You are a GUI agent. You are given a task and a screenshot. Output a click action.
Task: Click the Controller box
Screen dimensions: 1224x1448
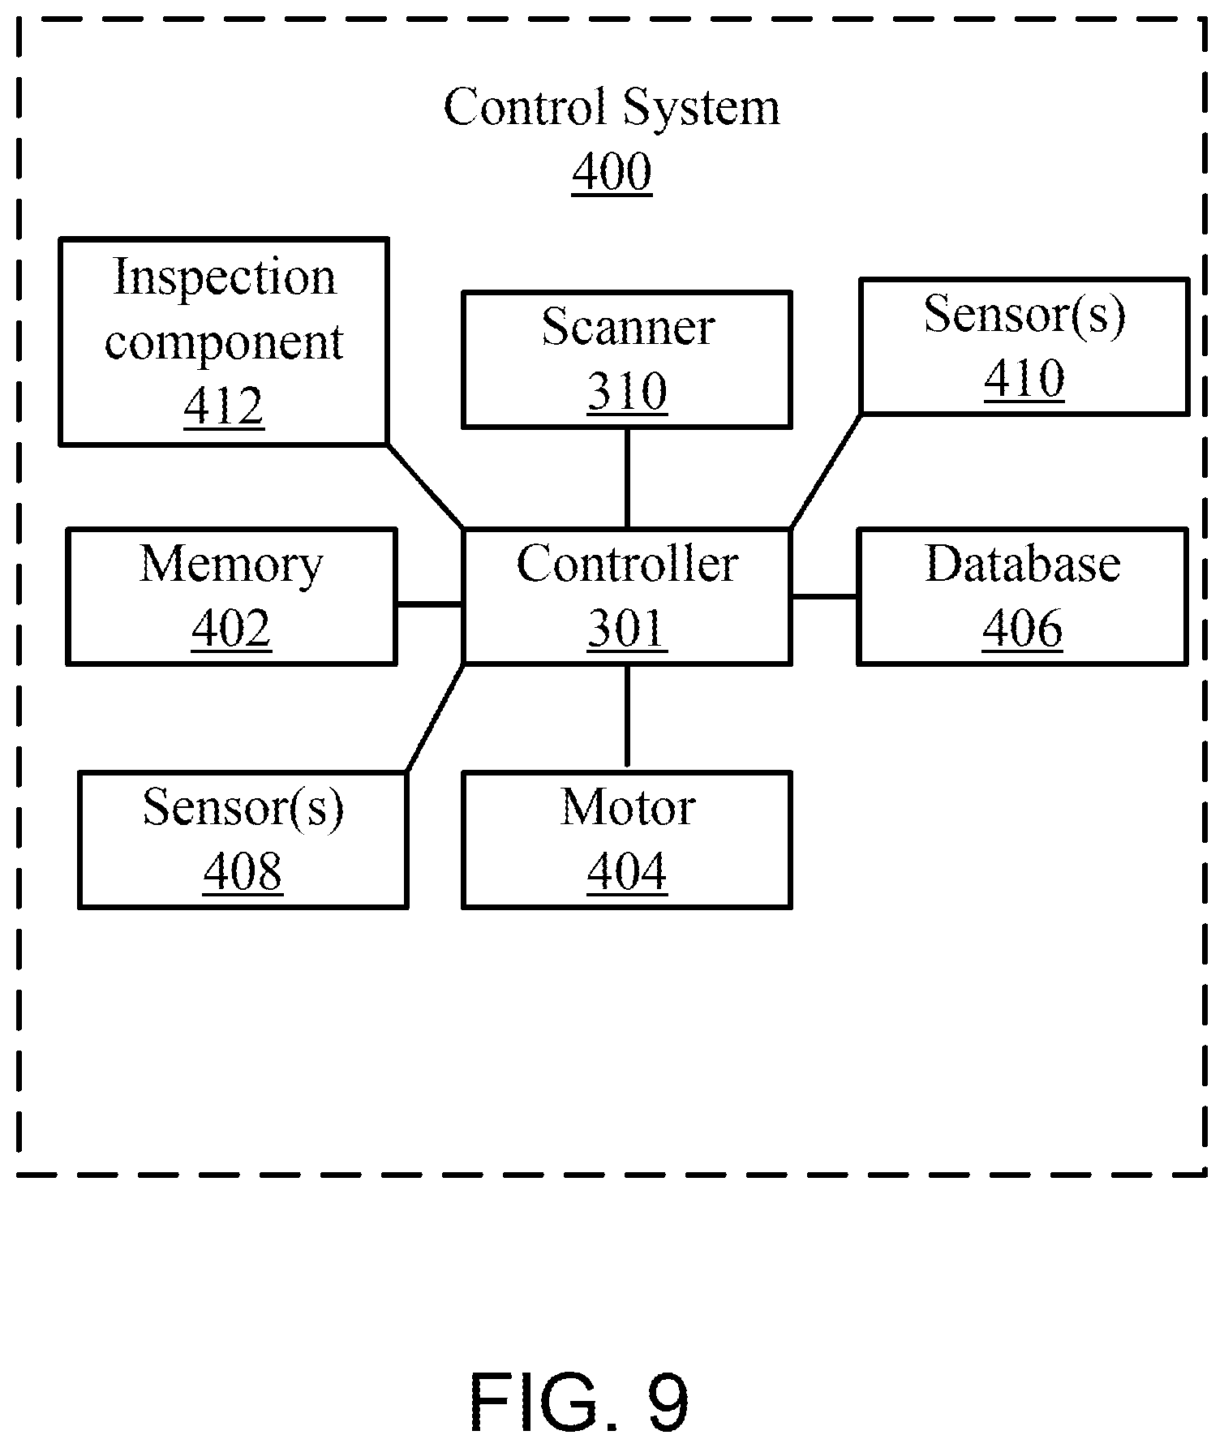(x=627, y=596)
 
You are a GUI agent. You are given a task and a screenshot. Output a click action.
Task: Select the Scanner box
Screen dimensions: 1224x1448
(x=627, y=359)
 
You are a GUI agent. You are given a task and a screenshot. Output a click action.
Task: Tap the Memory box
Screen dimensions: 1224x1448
(x=232, y=596)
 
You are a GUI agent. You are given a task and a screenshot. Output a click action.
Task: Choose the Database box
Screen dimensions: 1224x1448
(x=1023, y=596)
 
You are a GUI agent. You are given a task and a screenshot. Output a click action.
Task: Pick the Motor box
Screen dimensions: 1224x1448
(x=627, y=840)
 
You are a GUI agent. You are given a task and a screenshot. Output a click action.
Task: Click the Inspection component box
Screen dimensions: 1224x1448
(x=224, y=342)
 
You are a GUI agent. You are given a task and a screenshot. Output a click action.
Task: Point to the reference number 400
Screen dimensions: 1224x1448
(x=612, y=172)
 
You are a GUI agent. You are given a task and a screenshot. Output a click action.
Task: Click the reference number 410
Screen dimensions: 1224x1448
(x=1024, y=378)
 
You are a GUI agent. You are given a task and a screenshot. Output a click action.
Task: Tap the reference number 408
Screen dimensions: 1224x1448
(x=243, y=871)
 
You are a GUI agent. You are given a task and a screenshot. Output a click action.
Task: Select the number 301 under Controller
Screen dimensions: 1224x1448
(x=627, y=629)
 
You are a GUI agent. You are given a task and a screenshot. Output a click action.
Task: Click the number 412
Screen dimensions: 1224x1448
(x=224, y=406)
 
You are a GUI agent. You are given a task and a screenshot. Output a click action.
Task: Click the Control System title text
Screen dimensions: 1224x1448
(x=612, y=107)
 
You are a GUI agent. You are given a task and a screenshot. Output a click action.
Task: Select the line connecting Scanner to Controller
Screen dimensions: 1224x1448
(x=627, y=479)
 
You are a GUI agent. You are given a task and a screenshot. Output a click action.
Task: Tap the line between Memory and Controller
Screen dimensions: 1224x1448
(x=429, y=604)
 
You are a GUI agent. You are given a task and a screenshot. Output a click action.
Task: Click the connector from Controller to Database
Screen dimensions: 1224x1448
(x=824, y=596)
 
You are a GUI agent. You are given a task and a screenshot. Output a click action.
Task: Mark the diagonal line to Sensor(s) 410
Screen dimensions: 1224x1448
(x=826, y=470)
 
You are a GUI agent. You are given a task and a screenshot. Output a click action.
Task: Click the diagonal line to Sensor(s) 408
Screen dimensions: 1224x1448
(x=435, y=718)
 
